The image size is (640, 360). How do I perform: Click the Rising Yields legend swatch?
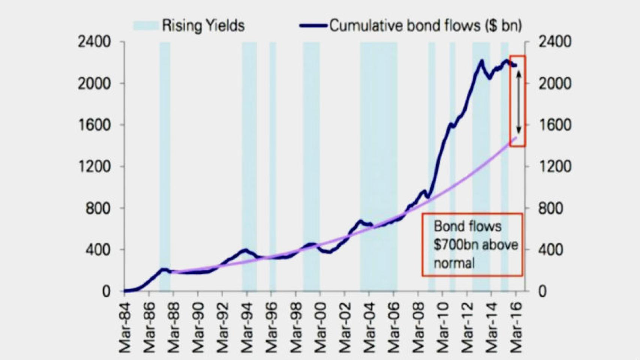coord(146,25)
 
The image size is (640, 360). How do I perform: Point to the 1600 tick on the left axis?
coord(94,125)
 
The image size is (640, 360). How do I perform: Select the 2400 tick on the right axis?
coord(555,42)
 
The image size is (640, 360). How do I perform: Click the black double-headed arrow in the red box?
coord(518,102)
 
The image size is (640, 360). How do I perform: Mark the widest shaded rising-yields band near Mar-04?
coord(379,165)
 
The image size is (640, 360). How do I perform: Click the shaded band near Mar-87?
coord(165,165)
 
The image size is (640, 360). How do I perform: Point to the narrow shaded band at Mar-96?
coord(273,165)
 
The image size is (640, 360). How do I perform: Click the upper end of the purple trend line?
coord(516,138)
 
